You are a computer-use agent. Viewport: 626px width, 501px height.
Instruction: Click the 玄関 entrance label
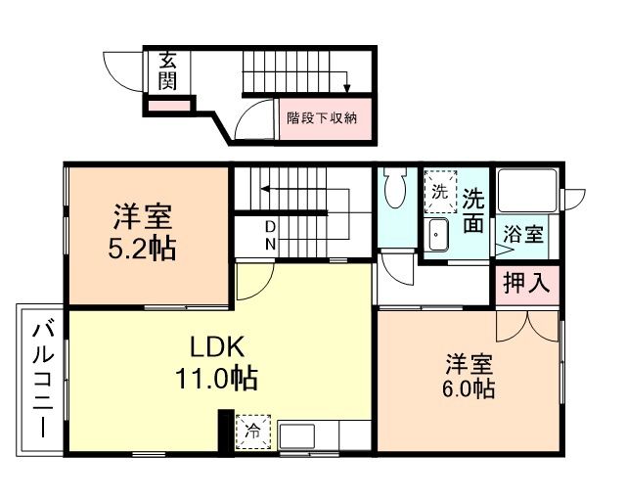(167, 70)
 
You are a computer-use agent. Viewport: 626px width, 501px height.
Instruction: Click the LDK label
(222, 347)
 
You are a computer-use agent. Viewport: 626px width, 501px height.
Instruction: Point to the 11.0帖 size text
(222, 377)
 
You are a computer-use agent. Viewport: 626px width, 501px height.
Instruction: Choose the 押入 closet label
(525, 284)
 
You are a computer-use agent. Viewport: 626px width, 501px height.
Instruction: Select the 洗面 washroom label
(472, 210)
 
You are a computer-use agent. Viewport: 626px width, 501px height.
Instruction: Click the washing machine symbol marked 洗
(440, 191)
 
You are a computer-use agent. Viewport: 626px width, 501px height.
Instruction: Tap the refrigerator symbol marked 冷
(252, 431)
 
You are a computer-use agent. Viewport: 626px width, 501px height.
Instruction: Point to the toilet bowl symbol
(397, 190)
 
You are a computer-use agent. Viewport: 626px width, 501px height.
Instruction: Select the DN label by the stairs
(270, 236)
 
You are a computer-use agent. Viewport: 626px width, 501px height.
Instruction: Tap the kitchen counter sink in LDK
(296, 433)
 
